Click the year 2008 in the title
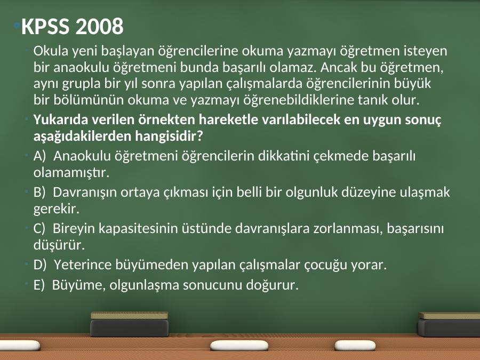point(99,26)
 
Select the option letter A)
point(39,156)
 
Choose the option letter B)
point(39,192)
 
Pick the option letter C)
point(39,228)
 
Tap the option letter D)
point(40,265)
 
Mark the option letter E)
point(39,285)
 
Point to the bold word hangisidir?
point(169,136)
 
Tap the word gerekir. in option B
point(57,209)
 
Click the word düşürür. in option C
point(59,245)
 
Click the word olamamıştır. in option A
point(71,173)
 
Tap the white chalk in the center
point(239,345)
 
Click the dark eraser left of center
point(130,324)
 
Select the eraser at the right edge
point(449,325)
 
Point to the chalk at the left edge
point(20,345)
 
